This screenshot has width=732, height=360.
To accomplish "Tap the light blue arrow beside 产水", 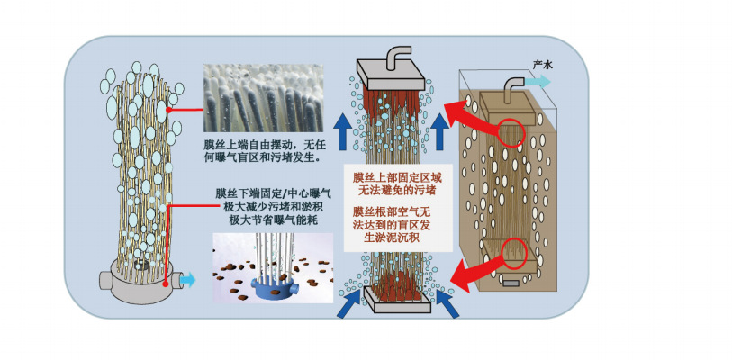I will tap(540, 80).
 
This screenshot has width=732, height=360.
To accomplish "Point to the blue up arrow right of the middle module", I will tap(440, 131).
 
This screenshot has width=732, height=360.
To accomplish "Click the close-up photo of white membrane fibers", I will tap(261, 96).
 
